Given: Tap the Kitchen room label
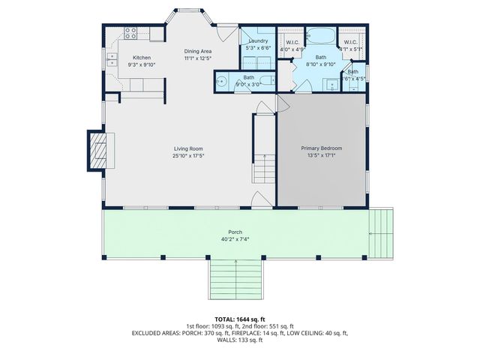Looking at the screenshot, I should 142,58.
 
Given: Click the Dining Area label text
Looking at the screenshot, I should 199,51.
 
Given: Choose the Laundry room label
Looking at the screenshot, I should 259,40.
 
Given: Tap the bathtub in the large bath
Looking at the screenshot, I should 320,36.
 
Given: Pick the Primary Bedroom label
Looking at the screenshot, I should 321,148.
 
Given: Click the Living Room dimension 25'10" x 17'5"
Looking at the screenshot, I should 188,156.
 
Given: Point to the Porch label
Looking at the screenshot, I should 235,232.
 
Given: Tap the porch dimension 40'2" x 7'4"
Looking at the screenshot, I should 235,240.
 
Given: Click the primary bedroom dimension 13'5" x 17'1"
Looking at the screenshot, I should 321,156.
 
